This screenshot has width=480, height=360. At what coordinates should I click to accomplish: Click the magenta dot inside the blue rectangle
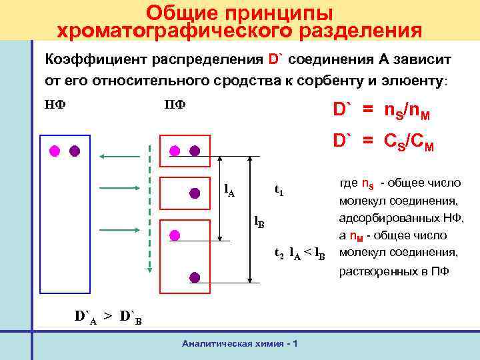coord(55,150)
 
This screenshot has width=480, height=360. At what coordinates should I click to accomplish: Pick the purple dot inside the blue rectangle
coord(75,150)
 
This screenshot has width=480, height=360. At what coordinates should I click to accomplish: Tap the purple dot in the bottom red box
coord(194,277)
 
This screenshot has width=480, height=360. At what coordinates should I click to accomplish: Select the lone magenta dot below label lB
coord(175,235)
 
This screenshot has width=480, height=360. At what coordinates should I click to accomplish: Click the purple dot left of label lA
coord(195,193)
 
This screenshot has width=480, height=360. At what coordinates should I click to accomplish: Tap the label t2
coord(279,253)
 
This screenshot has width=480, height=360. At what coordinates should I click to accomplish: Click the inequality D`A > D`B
coord(107,315)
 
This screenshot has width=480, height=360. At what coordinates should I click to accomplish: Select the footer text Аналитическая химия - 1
coord(239,343)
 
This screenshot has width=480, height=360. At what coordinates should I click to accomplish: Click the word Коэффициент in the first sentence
coord(87,60)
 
